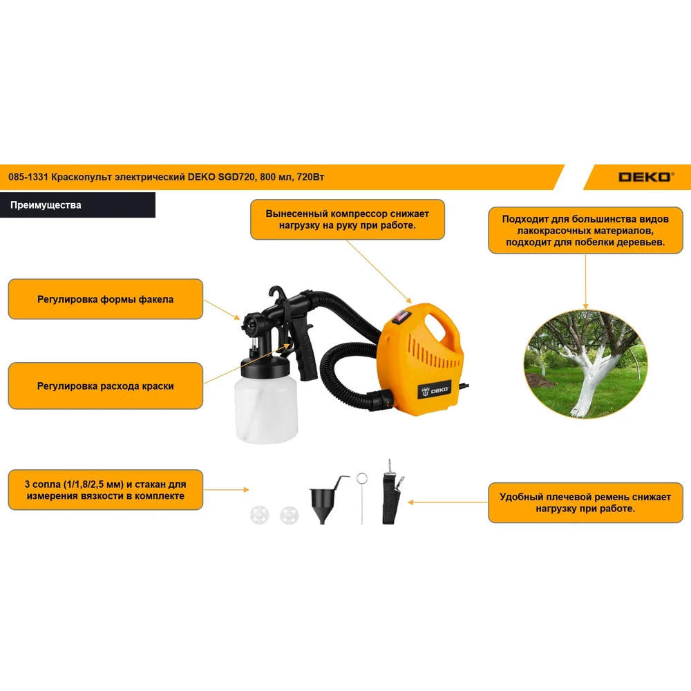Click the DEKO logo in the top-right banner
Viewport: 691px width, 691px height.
pyautogui.click(x=646, y=177)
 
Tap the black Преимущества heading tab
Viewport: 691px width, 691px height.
pyautogui.click(x=77, y=205)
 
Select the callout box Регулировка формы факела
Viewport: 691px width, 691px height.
pyautogui.click(x=105, y=299)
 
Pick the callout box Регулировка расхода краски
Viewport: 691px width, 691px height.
pyautogui.click(x=105, y=386)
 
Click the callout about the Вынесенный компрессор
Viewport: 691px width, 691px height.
pyautogui.click(x=348, y=220)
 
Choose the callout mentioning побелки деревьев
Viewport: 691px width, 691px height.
pyautogui.click(x=585, y=231)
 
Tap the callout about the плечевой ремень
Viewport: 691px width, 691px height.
pyautogui.click(x=585, y=503)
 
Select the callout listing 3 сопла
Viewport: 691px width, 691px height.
pyautogui.click(x=105, y=490)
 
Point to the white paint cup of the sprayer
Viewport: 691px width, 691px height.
pyautogui.click(x=266, y=409)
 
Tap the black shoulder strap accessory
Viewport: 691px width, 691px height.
pyautogui.click(x=392, y=492)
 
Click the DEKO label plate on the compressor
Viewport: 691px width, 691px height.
pyautogui.click(x=435, y=390)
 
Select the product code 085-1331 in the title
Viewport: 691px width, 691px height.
pyautogui.click(x=28, y=177)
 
